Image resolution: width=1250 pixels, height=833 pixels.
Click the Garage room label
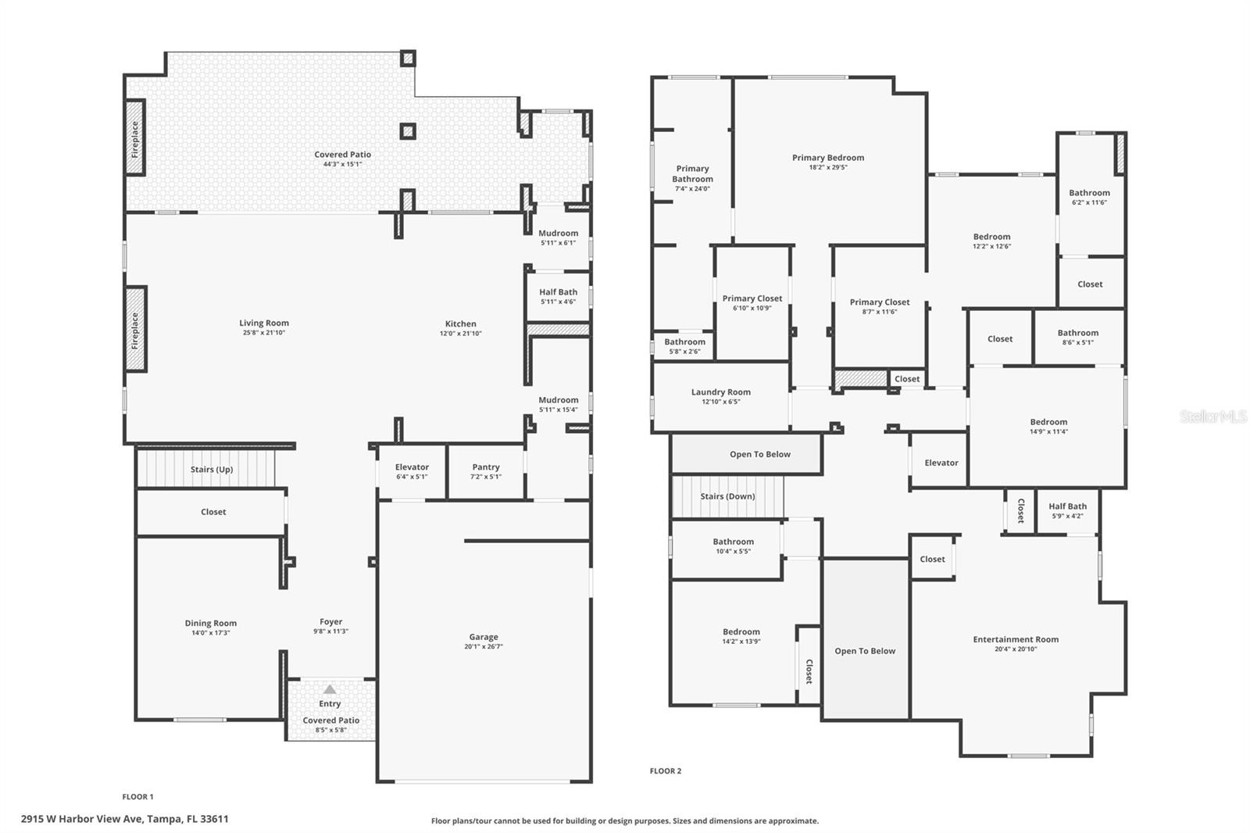(x=484, y=638)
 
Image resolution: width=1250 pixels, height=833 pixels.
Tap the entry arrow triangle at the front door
(x=330, y=689)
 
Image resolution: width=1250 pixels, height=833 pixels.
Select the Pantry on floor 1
(x=486, y=471)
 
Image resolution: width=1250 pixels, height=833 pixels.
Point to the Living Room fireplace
(x=135, y=330)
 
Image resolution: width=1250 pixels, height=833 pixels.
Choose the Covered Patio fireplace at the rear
(x=135, y=138)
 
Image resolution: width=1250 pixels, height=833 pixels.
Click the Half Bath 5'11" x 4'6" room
(x=558, y=296)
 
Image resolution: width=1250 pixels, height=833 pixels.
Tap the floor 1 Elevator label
(x=412, y=467)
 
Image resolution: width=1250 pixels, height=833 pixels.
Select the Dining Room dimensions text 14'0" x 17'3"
(x=211, y=633)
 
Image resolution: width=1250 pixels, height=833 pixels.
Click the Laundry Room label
(x=720, y=392)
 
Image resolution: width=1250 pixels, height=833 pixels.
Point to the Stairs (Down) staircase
(x=727, y=496)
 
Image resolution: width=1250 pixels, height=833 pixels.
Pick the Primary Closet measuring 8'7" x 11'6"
(x=880, y=306)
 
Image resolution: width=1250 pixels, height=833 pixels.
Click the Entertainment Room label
(x=1016, y=639)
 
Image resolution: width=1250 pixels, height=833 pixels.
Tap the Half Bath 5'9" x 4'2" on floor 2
(x=1067, y=510)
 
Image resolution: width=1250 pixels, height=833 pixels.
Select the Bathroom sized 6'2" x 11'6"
(x=1089, y=197)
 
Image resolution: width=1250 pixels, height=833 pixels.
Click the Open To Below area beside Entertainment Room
(x=865, y=650)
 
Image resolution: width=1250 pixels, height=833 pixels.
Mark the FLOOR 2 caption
(x=666, y=771)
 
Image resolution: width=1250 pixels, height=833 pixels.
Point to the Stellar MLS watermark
(x=1212, y=417)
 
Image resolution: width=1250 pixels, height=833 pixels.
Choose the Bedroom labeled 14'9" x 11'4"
(x=1048, y=426)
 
